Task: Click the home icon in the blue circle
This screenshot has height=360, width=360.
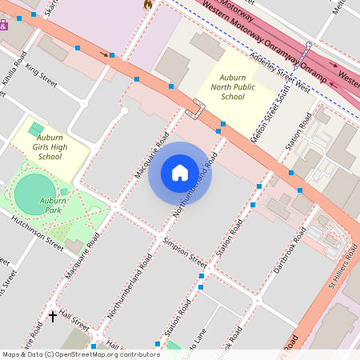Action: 180,173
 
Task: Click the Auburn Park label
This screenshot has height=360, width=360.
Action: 53,205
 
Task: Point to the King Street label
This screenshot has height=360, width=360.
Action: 42,78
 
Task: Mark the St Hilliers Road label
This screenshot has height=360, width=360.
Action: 342,279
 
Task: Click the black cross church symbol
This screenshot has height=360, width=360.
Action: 54,317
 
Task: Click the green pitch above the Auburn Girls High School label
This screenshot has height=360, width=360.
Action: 36,128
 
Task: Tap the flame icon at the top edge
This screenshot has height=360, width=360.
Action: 147,4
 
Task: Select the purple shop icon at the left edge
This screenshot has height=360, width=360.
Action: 3,25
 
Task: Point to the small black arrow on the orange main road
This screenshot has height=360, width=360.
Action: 103,54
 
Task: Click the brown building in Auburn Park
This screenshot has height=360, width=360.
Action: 74,246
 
